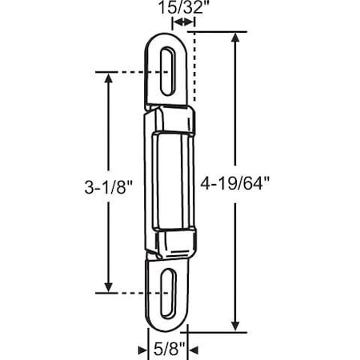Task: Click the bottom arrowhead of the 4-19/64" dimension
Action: point(234,326)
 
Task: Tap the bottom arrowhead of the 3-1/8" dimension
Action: point(106,290)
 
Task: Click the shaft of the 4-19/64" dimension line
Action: point(234,120)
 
